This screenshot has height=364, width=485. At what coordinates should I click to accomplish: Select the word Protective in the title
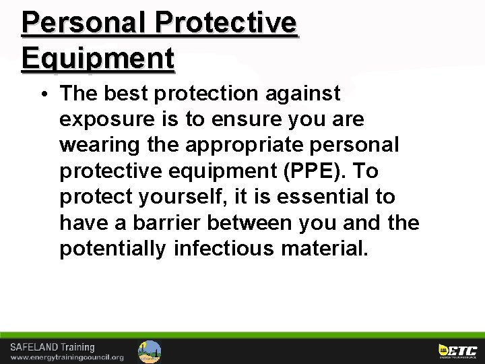pos(226,23)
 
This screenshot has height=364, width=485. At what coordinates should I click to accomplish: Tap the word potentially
pos(112,249)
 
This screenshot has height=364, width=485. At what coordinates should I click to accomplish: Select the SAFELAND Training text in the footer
pos(52,347)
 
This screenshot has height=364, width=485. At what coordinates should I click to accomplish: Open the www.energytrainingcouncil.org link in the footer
pos(67,357)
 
